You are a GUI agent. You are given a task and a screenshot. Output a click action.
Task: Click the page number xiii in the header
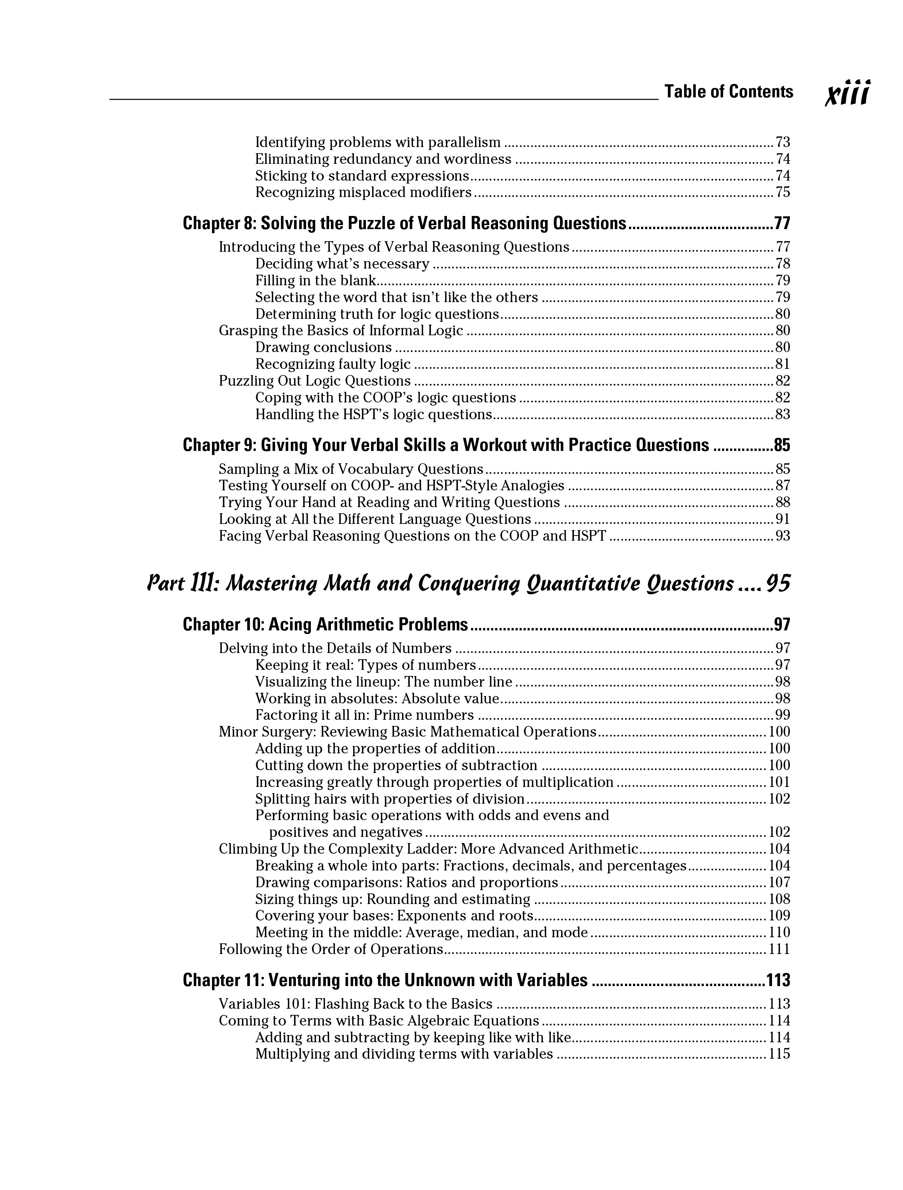pos(848,93)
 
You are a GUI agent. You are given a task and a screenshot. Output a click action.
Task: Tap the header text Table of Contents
pos(729,92)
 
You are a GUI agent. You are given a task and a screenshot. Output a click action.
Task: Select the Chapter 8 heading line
pos(405,223)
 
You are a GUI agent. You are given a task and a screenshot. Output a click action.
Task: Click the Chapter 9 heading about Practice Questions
pos(445,445)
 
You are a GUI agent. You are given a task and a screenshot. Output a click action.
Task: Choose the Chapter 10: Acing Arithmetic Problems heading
pos(325,624)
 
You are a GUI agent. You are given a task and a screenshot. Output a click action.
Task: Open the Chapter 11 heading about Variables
pos(385,980)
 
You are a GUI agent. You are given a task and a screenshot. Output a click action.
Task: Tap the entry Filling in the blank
pos(315,280)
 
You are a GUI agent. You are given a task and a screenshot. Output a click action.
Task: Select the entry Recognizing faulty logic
pos(333,364)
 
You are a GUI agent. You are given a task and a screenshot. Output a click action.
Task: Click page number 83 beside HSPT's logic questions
pos(783,414)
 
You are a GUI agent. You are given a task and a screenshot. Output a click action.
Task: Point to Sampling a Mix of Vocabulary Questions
pos(351,469)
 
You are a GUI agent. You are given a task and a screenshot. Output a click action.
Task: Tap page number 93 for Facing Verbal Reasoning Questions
pos(783,536)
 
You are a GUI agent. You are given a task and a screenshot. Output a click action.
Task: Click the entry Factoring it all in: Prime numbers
pos(364,715)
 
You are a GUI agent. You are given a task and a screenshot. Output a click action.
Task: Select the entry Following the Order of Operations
pos(331,949)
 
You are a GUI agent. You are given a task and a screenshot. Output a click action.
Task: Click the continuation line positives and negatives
pos(346,832)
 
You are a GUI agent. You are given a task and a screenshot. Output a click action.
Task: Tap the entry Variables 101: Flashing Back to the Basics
pos(355,1004)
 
